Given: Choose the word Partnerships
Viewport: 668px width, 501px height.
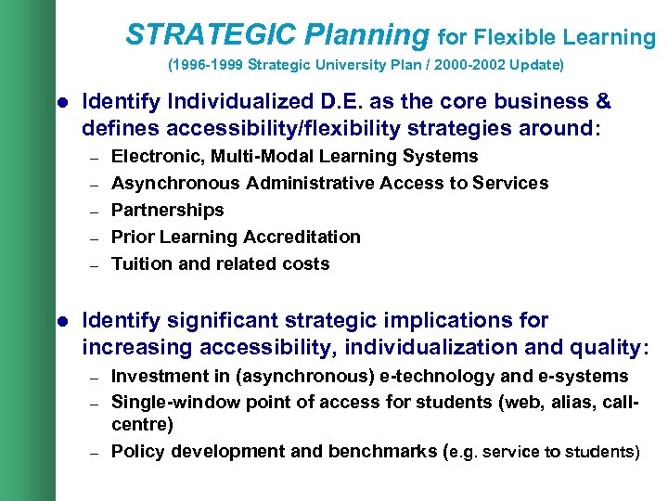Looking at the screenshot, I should [x=167, y=211].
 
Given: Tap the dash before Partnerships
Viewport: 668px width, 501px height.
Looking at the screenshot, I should [x=94, y=212].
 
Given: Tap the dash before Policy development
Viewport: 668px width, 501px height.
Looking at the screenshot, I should [x=94, y=453].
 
